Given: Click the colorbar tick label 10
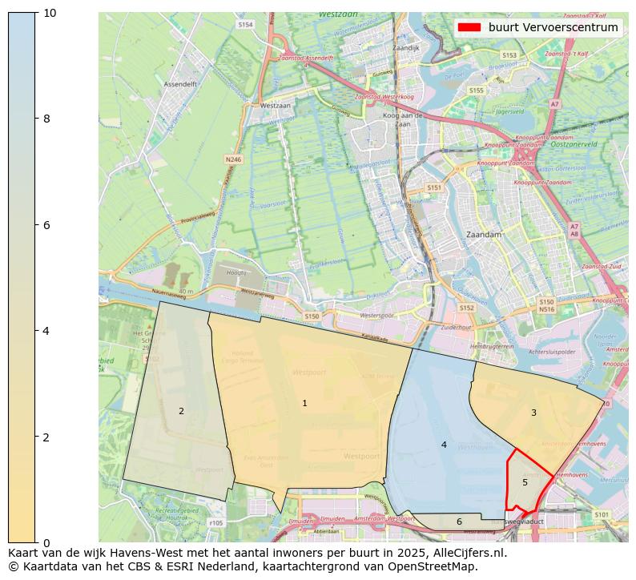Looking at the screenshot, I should [50, 13].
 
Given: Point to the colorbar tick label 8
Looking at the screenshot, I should [46, 119].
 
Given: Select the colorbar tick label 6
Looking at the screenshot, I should [46, 225].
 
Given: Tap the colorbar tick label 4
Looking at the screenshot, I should [46, 331].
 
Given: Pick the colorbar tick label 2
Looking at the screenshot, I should [46, 437].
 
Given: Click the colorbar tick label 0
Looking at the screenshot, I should [46, 543].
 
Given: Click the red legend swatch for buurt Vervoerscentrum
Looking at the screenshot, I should [469, 27].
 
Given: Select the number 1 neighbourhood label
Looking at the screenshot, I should [304, 403].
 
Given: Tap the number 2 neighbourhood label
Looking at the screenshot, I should [181, 411].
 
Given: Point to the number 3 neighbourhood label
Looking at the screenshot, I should [533, 413].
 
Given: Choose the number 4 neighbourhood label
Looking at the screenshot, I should [444, 445].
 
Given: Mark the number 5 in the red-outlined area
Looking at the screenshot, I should [525, 482].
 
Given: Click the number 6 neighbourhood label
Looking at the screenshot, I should [459, 522].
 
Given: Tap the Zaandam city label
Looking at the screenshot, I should [483, 235].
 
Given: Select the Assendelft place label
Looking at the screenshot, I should [180, 83].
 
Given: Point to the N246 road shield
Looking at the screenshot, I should [233, 159].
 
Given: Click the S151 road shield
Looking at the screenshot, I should [433, 187].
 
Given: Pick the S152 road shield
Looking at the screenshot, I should [466, 308].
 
